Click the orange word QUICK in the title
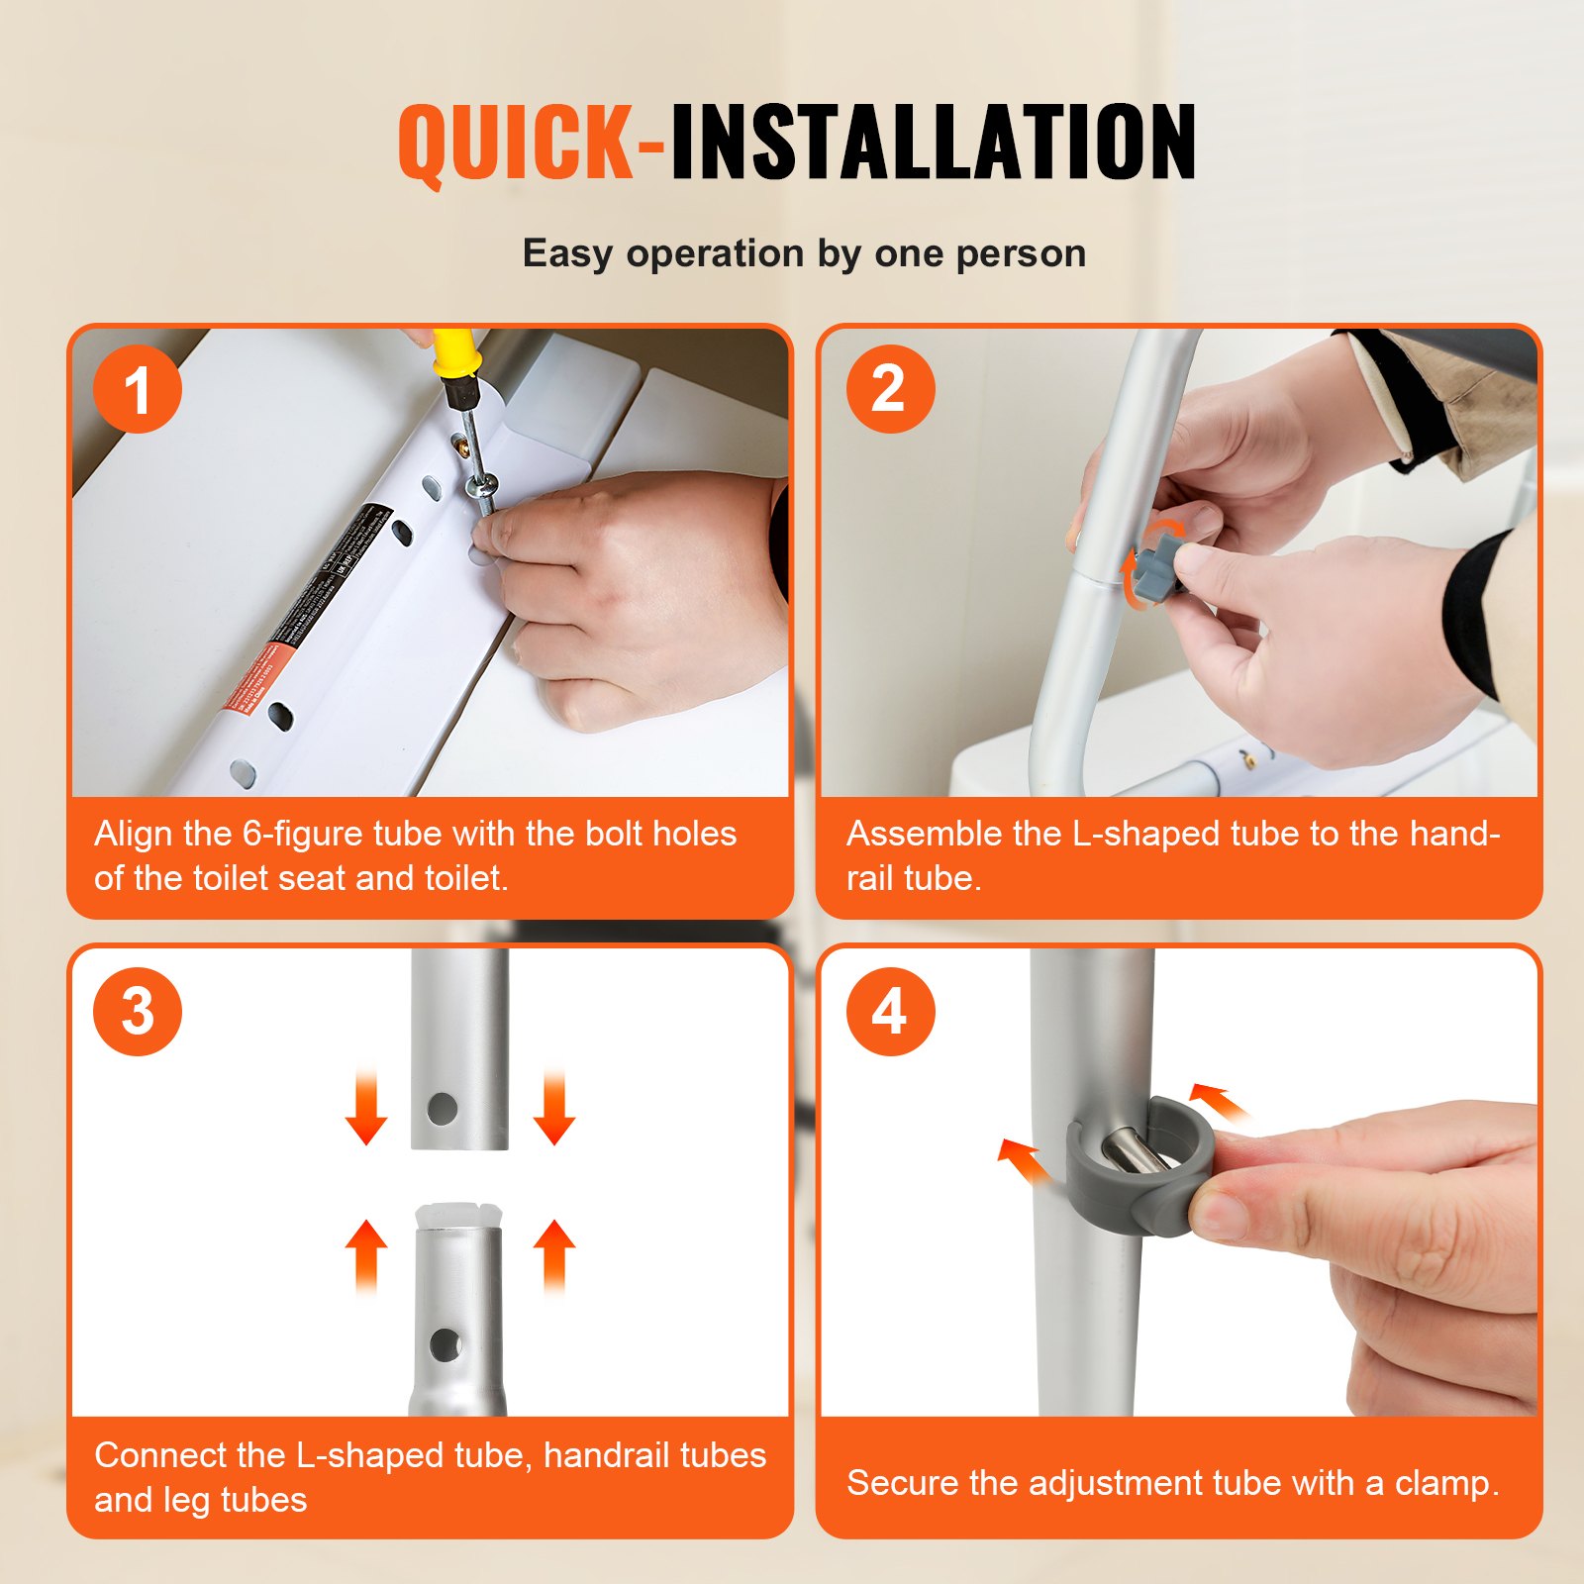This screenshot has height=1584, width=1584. point(515,144)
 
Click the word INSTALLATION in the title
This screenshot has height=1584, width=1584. point(933,144)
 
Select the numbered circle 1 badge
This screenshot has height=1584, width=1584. point(138,389)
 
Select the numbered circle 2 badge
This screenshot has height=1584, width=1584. point(889,389)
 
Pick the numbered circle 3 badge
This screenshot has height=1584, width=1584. point(138,1012)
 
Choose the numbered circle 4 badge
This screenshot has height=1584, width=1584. point(889,1012)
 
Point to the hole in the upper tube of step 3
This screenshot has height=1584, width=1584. point(442,1108)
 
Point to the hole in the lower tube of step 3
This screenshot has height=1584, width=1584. point(445,1343)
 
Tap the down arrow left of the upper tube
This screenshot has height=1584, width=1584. point(366,1109)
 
